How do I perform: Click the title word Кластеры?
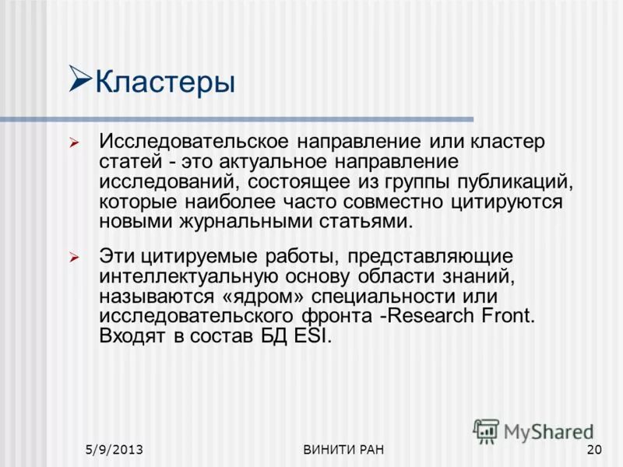point(165,81)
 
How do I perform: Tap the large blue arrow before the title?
point(80,78)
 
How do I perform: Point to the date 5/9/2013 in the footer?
point(118,451)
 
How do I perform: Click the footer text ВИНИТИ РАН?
point(343,451)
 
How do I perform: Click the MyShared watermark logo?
point(533,430)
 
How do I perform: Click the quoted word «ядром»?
point(250,297)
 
